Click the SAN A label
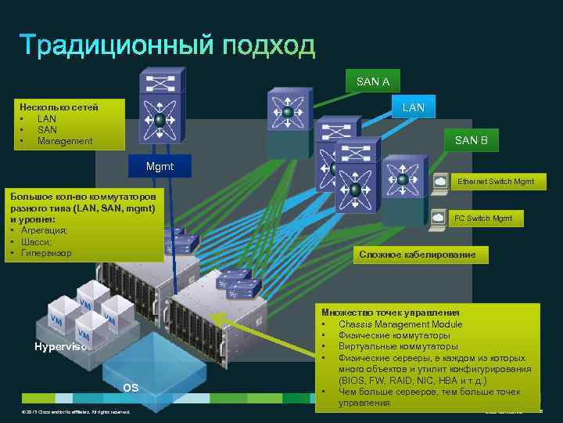[x=372, y=81]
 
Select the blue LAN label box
[x=413, y=107]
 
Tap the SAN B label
[x=471, y=140]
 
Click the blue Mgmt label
[x=160, y=167]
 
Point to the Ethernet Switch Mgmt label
[x=496, y=182]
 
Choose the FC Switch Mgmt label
[x=483, y=218]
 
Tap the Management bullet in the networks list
[x=65, y=141]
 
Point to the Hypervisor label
[x=59, y=346]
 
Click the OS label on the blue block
[x=131, y=388]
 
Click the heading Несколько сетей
[x=53, y=107]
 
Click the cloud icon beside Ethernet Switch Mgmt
[x=441, y=182]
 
